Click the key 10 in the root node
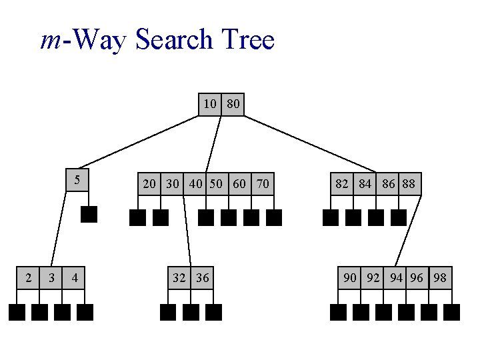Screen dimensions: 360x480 210,104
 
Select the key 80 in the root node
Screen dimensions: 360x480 233,104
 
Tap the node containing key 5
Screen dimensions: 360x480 77,180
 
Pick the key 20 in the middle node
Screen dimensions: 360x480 150,183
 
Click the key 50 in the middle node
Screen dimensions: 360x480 216,183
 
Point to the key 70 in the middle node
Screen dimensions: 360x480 263,183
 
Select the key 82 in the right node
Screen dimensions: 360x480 342,183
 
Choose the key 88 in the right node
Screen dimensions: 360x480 409,183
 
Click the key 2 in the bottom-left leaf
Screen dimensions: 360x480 28,277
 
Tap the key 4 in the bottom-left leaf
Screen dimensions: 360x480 75,277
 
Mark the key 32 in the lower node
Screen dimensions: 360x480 179,277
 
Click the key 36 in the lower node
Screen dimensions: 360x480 202,277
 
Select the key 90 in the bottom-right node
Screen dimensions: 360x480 350,277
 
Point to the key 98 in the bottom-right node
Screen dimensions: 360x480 440,277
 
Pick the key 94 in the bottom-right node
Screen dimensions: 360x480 396,277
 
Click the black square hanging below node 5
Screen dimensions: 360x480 89,214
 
